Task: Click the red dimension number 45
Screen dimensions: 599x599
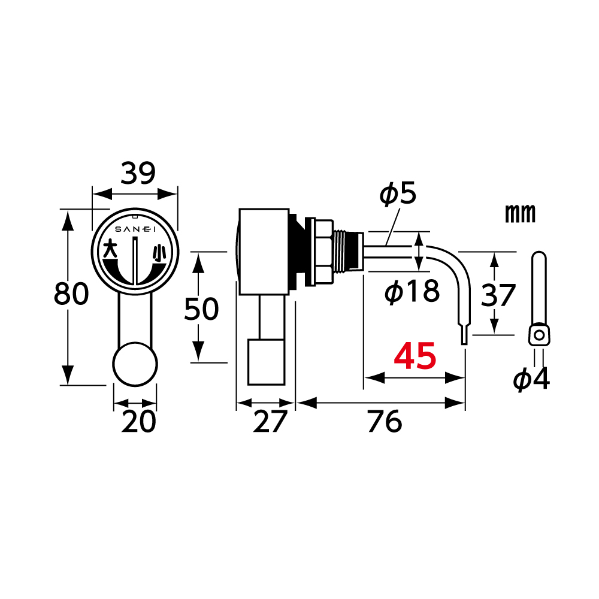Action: [415, 356]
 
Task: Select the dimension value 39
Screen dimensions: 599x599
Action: [138, 174]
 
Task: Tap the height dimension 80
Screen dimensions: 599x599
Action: [71, 294]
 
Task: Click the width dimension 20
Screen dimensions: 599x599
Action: [139, 421]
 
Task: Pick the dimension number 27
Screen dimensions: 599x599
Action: [270, 421]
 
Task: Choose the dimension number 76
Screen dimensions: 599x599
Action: [385, 421]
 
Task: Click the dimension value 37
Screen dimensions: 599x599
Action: [498, 295]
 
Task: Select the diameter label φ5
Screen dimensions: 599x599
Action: [398, 194]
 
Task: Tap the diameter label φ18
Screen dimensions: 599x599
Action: [412, 291]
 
